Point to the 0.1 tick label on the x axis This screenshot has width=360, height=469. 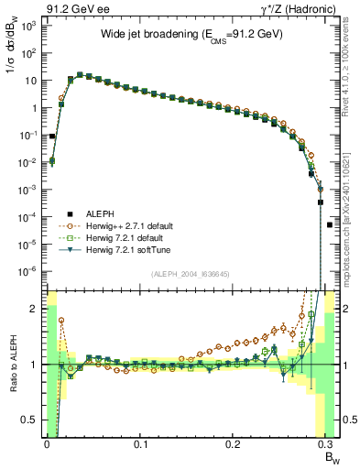(140, 443)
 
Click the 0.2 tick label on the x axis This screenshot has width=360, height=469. (234, 443)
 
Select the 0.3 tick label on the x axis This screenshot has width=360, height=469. (327, 443)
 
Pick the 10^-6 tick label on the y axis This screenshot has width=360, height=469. (27, 271)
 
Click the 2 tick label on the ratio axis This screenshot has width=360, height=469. (35, 308)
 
